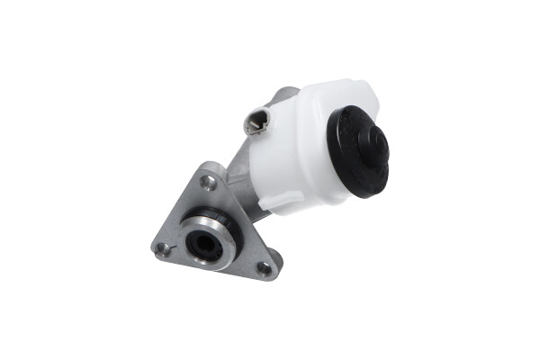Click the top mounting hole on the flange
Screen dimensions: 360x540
click(208, 183)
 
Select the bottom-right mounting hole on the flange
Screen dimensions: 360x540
click(263, 266)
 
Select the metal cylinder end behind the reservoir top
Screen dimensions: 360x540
click(286, 94)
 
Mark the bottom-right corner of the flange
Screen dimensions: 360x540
click(272, 275)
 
